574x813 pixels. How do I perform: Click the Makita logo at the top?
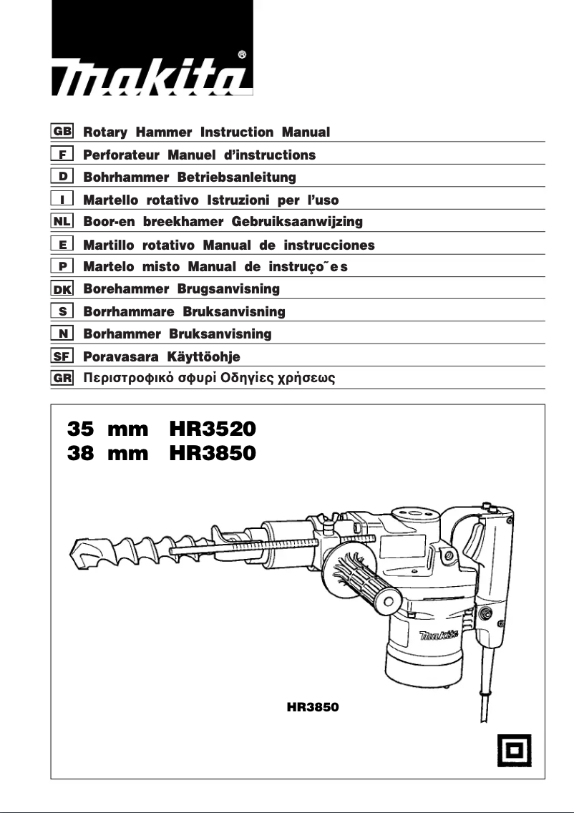(x=151, y=77)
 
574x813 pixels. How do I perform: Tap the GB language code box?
(x=62, y=132)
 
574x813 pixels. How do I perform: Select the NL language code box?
(x=62, y=222)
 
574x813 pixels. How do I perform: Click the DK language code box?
(x=62, y=289)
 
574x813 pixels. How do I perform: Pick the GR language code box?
(x=62, y=379)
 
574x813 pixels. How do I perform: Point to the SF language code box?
(x=62, y=356)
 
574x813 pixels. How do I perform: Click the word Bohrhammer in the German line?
(x=122, y=177)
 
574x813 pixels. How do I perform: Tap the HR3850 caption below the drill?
(x=311, y=707)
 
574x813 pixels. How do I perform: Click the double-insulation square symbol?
(x=513, y=749)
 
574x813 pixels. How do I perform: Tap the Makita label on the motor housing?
(x=439, y=634)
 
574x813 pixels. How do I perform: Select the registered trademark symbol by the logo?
(x=242, y=54)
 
